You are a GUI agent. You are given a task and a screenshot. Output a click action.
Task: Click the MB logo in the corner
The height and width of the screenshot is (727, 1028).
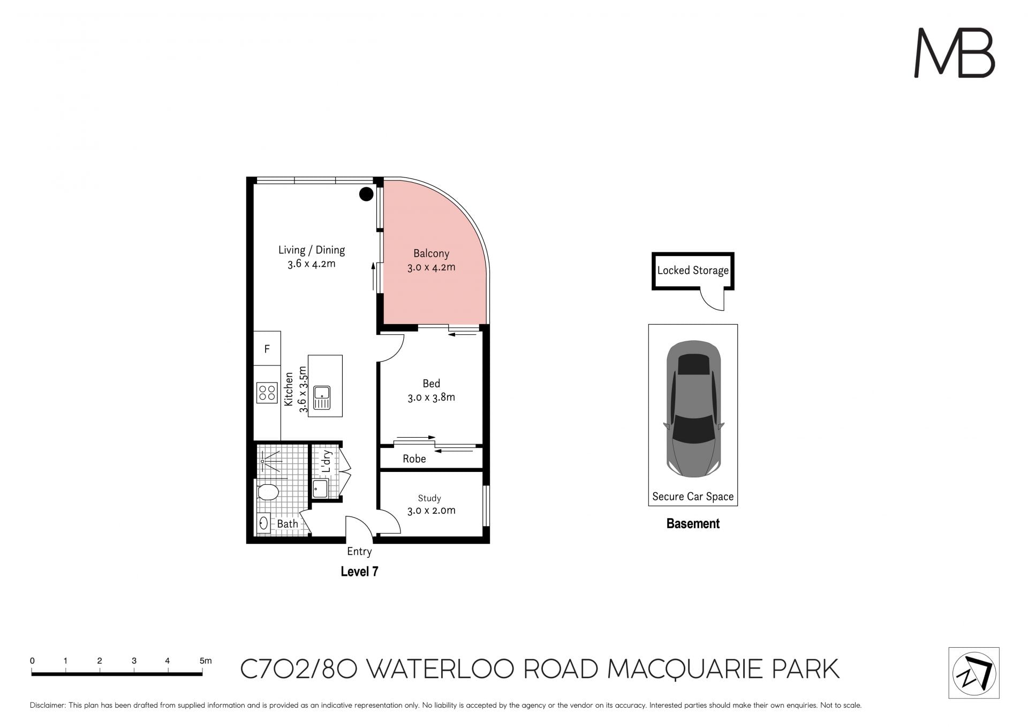coord(954,53)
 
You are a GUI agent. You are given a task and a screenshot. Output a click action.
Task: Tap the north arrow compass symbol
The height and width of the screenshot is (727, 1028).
coord(974,673)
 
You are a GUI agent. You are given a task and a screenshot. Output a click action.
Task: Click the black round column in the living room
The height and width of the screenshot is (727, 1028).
coord(366,194)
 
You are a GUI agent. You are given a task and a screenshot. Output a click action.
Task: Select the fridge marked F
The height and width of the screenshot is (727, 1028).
coord(267,349)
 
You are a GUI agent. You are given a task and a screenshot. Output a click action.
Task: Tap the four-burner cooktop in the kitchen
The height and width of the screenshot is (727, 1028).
coord(267,392)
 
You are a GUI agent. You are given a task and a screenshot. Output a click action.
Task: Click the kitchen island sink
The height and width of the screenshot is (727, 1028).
coord(322,397)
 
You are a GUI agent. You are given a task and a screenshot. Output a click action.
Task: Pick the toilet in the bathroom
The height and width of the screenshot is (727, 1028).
coord(268,492)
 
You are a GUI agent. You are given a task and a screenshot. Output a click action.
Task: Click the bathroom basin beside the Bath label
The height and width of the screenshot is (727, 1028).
coord(263,523)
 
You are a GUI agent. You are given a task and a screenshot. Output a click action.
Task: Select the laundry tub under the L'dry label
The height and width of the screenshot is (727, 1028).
coord(320,489)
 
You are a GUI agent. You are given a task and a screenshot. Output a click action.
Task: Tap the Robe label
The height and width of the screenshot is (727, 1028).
coord(414,459)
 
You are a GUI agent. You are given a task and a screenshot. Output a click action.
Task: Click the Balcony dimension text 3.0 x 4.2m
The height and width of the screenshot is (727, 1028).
coord(432,267)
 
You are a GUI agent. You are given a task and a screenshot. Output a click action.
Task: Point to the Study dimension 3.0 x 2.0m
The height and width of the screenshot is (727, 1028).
coord(432,511)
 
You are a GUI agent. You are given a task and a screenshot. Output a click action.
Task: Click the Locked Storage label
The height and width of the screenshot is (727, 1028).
coord(693,271)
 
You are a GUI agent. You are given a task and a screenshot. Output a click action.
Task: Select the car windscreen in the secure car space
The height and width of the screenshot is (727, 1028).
coord(693,429)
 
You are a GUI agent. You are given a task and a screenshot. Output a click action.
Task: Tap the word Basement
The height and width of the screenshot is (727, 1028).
coord(693,523)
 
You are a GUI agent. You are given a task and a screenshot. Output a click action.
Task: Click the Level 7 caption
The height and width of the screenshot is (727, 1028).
coord(360,572)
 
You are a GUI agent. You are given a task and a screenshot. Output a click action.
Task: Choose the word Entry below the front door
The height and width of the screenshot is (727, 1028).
coord(359,551)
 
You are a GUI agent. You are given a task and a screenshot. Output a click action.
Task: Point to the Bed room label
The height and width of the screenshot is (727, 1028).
coord(432,384)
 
